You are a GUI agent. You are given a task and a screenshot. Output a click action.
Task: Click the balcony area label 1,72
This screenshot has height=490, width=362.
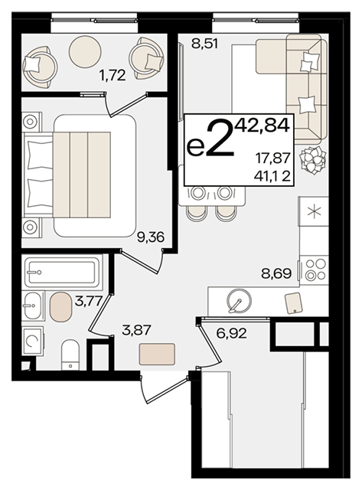click(x=113, y=75)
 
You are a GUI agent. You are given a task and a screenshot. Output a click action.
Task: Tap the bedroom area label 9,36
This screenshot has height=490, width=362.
click(x=151, y=237)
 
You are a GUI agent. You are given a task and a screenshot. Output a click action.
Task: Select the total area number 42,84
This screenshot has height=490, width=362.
click(x=262, y=126)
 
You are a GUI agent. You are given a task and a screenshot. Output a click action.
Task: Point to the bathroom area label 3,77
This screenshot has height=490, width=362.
click(x=88, y=302)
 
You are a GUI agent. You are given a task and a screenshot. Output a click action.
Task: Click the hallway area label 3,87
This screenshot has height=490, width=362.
click(x=136, y=330)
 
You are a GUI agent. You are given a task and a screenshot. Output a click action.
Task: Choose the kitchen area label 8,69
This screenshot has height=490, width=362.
click(x=276, y=274)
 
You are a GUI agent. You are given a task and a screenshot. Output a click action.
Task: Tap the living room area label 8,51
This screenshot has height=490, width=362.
click(x=205, y=44)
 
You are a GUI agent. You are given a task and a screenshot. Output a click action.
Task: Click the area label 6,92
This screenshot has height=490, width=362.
click(x=231, y=334)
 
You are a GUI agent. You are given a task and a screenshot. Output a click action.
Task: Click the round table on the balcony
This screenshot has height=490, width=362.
click(x=85, y=51)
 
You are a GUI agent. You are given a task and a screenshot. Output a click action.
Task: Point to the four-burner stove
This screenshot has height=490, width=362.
click(x=314, y=269)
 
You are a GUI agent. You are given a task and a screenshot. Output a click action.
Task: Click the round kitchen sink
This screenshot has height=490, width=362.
click(x=240, y=301)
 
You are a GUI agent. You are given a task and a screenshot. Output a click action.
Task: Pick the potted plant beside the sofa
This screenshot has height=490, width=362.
click(x=313, y=160)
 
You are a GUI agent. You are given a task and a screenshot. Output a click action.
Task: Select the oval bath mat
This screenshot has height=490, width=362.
click(x=61, y=307)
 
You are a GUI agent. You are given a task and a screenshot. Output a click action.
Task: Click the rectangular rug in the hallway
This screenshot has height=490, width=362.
click(x=157, y=354)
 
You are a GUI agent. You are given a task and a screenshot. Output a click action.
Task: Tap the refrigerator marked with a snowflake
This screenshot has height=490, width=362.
click(x=313, y=211)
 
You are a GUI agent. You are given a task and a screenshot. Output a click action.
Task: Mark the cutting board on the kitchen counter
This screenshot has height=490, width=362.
click(x=294, y=302)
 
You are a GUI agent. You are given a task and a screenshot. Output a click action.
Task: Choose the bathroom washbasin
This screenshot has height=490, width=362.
click(x=33, y=305)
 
